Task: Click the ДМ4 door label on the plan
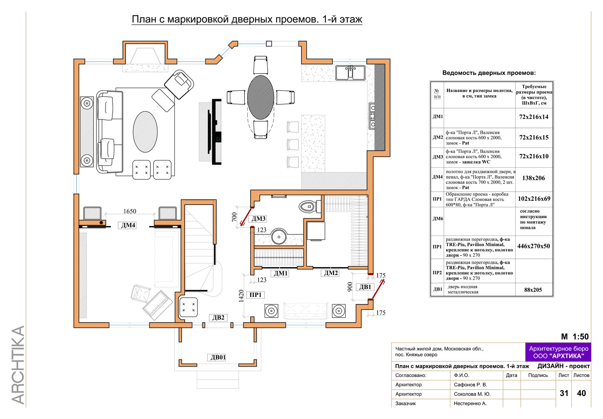pyautogui.click(x=127, y=225)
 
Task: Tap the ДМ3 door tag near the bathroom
pyautogui.click(x=258, y=219)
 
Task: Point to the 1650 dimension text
pyautogui.click(x=130, y=211)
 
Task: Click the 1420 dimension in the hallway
pyautogui.click(x=241, y=296)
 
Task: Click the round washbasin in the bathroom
pyautogui.click(x=279, y=237)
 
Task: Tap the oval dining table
pyautogui.click(x=260, y=97)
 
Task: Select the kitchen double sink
pyautogui.click(x=350, y=73)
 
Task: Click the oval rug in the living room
pyautogui.click(x=145, y=132)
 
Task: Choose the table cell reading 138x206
pyautogui.click(x=534, y=178)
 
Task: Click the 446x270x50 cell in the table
pyautogui.click(x=534, y=246)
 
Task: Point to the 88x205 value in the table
pyautogui.click(x=533, y=290)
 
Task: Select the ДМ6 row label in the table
pyautogui.click(x=438, y=219)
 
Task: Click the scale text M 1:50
pyautogui.click(x=575, y=336)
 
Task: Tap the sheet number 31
pyautogui.click(x=564, y=393)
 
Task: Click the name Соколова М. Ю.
pyautogui.click(x=473, y=394)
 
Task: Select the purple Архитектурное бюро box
pyautogui.click(x=558, y=352)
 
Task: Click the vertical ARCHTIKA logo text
pyautogui.click(x=18, y=365)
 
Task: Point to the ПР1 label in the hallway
pyautogui.click(x=255, y=295)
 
